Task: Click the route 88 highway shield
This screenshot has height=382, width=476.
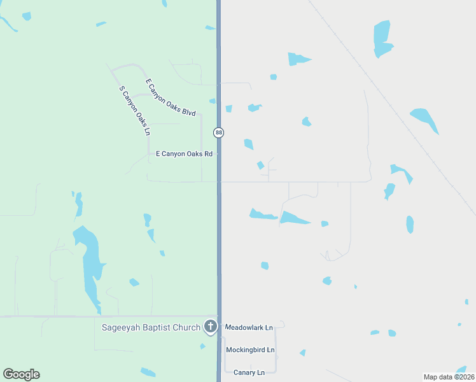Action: (x=219, y=132)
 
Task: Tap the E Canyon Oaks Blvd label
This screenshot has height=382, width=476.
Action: (x=171, y=97)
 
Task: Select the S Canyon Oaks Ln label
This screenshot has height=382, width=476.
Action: (x=135, y=111)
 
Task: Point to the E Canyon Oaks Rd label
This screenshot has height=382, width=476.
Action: (x=184, y=153)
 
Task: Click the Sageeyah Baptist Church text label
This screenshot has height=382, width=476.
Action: (x=151, y=328)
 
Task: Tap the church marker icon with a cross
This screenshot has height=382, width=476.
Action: (x=211, y=327)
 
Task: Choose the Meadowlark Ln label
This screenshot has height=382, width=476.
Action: (x=249, y=327)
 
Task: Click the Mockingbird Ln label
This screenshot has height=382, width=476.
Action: (x=250, y=350)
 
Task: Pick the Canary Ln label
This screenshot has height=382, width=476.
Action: (x=249, y=372)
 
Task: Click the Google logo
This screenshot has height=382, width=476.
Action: (x=21, y=374)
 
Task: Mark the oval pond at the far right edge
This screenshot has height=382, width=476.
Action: (x=410, y=224)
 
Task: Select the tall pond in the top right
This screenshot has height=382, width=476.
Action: (x=382, y=38)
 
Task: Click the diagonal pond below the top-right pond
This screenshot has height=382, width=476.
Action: (x=424, y=119)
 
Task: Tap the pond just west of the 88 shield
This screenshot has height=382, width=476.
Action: (x=213, y=101)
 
